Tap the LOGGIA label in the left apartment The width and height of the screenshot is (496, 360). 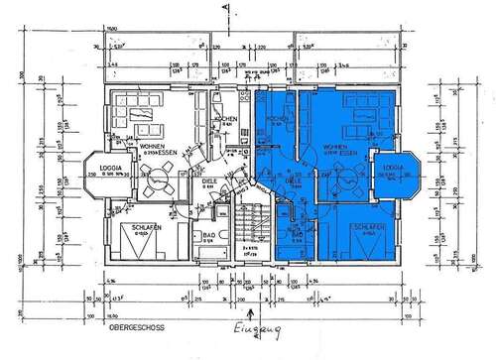pos(109,168)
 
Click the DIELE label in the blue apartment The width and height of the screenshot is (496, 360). pos(294,182)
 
